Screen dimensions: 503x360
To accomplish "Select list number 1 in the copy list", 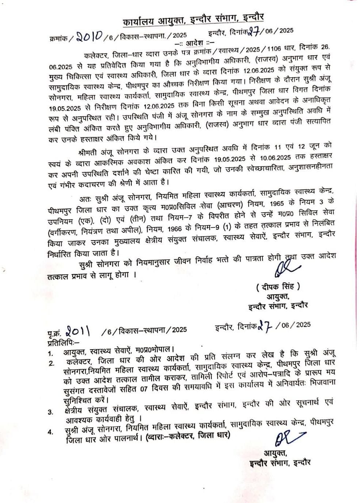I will tap(51, 353).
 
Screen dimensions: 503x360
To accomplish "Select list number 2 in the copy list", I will tap(51, 363).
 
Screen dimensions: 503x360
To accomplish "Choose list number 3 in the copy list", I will tap(51, 412).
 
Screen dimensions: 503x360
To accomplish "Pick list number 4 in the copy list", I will tap(51, 432).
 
